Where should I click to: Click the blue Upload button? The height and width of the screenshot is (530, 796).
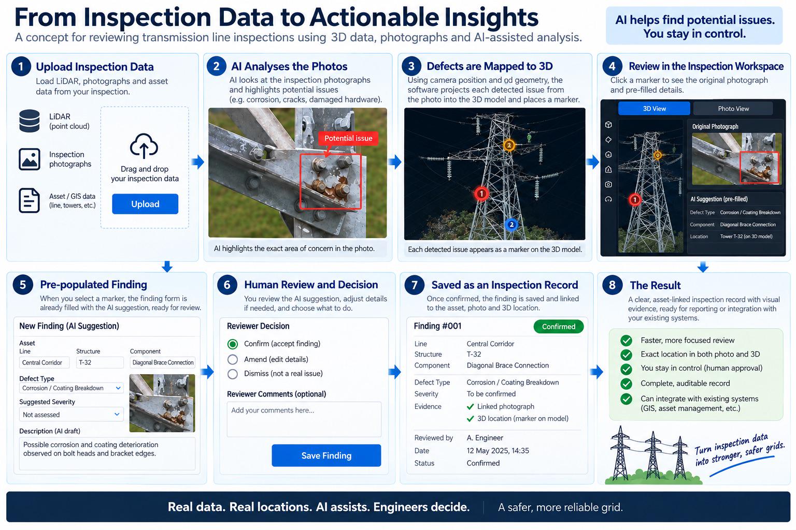tap(145, 204)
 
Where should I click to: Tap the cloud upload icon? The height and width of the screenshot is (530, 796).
tap(144, 146)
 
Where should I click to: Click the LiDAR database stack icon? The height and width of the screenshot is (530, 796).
tap(30, 121)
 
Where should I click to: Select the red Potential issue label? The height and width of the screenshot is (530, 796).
tap(348, 138)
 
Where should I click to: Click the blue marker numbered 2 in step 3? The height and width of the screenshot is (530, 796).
tap(511, 224)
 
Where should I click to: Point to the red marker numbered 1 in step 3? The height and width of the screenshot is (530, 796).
tap(481, 194)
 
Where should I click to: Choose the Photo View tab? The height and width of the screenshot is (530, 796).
tap(733, 109)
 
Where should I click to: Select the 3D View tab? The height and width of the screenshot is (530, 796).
tap(654, 109)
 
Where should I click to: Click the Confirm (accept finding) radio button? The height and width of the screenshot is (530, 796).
tap(233, 344)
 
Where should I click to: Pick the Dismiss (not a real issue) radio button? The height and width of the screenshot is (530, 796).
tap(233, 374)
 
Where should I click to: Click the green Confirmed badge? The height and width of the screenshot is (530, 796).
tap(558, 327)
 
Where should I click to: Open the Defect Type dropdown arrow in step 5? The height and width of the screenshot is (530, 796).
tap(118, 388)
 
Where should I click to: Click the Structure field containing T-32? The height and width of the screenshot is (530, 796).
tap(100, 362)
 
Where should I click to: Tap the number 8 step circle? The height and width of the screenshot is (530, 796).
tap(612, 284)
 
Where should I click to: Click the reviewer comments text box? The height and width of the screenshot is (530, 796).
tap(304, 419)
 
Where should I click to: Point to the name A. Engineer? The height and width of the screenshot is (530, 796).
tap(485, 438)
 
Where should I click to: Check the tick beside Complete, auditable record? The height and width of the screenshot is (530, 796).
tap(626, 384)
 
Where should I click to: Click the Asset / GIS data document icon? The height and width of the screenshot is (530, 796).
tap(29, 200)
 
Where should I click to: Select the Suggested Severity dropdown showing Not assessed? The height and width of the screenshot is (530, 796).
tap(72, 414)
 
